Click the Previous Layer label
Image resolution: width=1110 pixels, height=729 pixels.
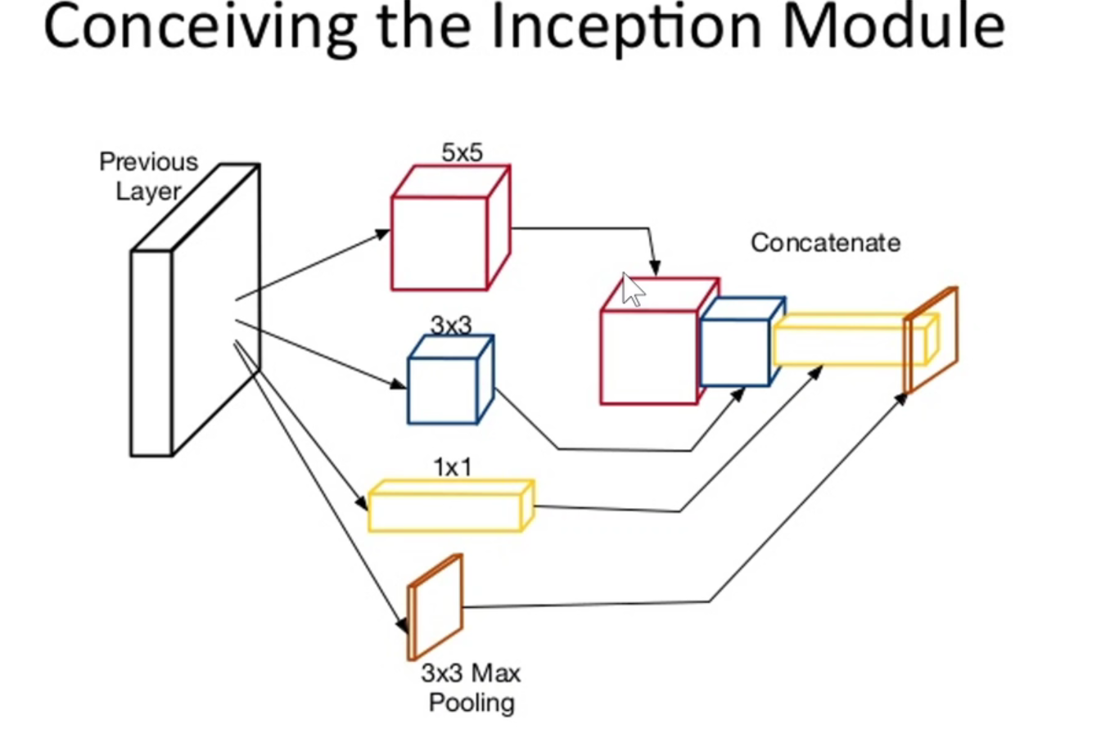point(148,176)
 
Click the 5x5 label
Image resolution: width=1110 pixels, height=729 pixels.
point(462,153)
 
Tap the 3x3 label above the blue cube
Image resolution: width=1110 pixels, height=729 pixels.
point(451,325)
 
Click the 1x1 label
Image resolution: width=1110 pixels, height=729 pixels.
point(453,466)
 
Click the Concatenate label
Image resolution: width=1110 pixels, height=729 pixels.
point(825,243)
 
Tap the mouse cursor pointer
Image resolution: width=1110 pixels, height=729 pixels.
point(631,290)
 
